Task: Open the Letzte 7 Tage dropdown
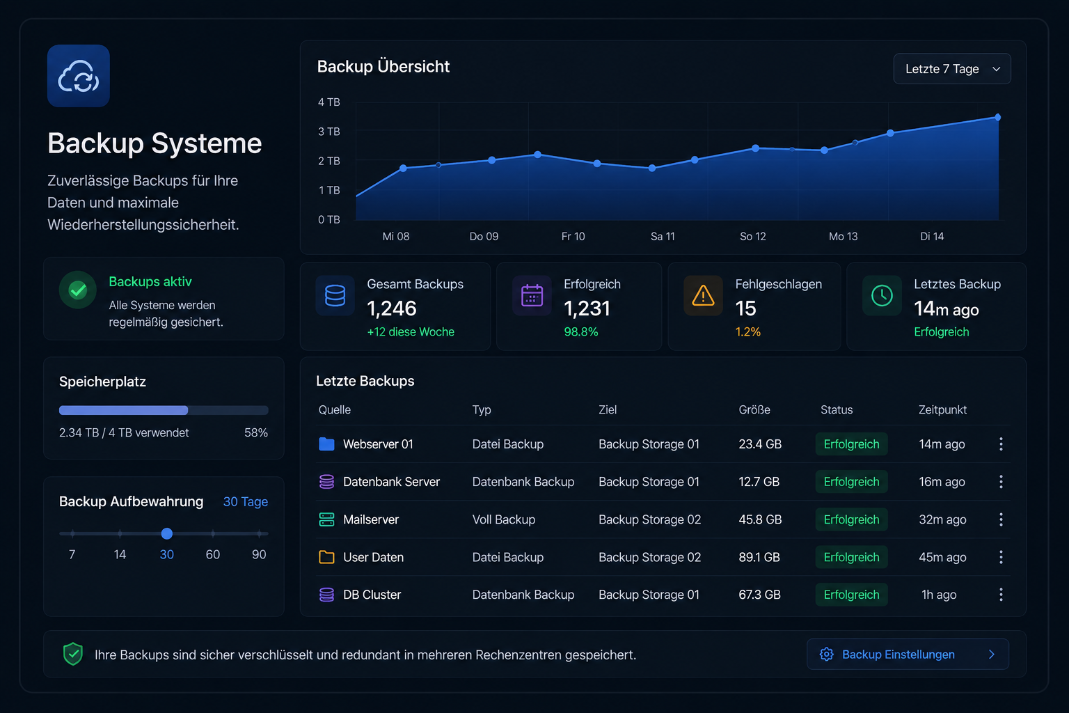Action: click(951, 69)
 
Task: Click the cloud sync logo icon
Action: click(78, 76)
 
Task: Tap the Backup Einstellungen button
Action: click(908, 654)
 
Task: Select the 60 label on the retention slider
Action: click(212, 554)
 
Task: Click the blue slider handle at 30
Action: click(166, 533)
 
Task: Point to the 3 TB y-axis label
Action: click(328, 132)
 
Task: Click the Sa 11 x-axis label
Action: click(663, 237)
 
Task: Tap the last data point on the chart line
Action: click(997, 117)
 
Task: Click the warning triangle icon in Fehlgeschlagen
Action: click(703, 295)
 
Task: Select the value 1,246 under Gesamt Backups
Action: click(391, 308)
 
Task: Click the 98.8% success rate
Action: click(581, 332)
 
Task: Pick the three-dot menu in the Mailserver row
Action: click(1001, 519)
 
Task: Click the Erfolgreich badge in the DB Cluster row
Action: click(851, 595)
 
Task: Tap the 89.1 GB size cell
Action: click(759, 557)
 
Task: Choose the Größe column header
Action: click(754, 409)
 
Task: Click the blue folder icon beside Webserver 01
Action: click(326, 444)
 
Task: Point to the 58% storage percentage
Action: click(256, 432)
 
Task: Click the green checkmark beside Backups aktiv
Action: click(78, 290)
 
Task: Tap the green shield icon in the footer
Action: click(73, 654)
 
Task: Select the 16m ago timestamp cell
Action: click(942, 482)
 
